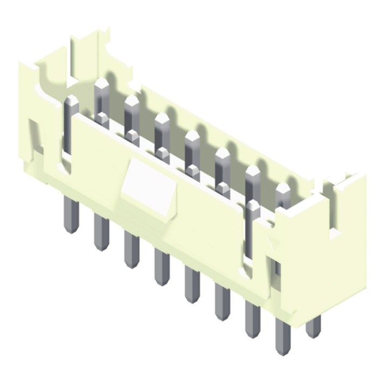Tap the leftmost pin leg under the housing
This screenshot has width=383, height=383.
click(71, 214)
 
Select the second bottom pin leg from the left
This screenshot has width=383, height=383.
click(100, 232)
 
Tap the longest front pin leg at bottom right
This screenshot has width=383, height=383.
click(283, 336)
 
